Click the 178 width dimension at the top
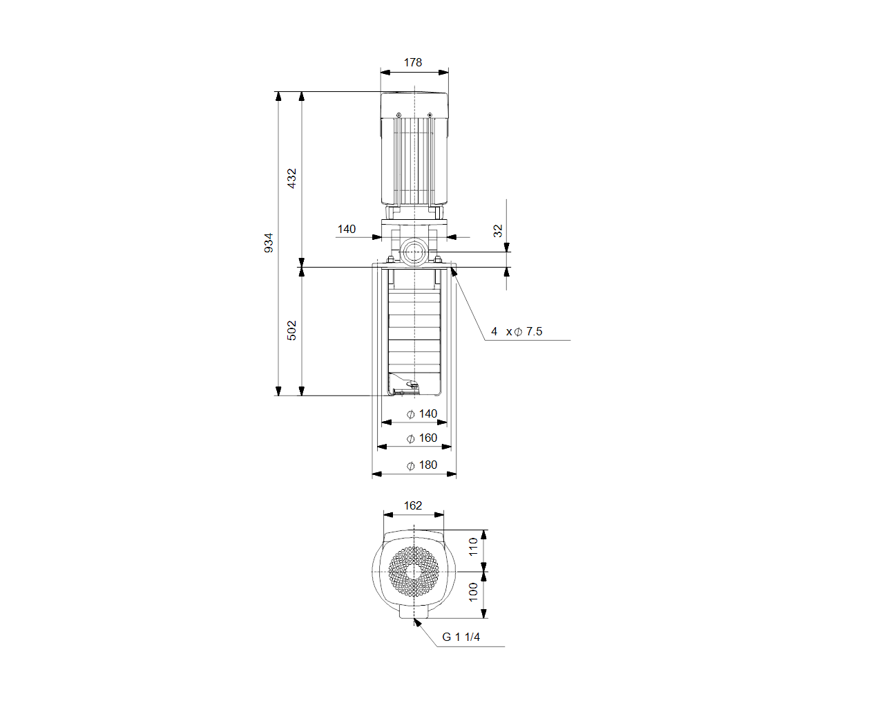point(412,62)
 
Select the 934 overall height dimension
point(268,243)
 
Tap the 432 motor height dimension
point(291,178)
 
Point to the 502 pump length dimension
point(291,330)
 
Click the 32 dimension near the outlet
point(497,231)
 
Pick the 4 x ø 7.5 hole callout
point(517,331)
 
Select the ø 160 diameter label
point(421,438)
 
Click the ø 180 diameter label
point(421,465)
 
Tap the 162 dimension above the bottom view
point(412,505)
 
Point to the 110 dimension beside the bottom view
point(473,547)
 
